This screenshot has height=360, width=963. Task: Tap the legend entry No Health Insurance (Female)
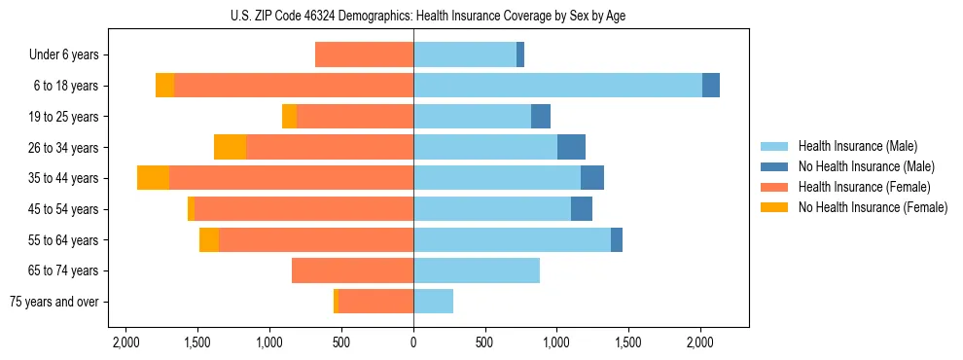pyautogui.click(x=873, y=207)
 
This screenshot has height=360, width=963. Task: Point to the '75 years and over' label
pyautogui.click(x=54, y=302)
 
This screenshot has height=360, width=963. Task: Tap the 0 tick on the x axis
pyautogui.click(x=413, y=342)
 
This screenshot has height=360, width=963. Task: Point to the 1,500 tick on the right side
pyautogui.click(x=628, y=342)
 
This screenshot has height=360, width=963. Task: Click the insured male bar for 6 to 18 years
pyautogui.click(x=557, y=86)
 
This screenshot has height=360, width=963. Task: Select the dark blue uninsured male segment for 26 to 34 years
pyautogui.click(x=571, y=147)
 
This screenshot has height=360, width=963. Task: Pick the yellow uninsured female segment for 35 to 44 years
pyautogui.click(x=153, y=178)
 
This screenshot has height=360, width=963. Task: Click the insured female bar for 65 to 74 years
pyautogui.click(x=352, y=270)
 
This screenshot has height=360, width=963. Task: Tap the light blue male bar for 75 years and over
pyautogui.click(x=433, y=302)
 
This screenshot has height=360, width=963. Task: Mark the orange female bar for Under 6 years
pyautogui.click(x=364, y=55)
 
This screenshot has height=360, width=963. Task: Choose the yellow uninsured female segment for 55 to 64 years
pyautogui.click(x=209, y=239)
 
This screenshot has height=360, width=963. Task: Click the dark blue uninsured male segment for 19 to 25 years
pyautogui.click(x=541, y=117)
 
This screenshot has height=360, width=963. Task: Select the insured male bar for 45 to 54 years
pyautogui.click(x=492, y=209)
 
